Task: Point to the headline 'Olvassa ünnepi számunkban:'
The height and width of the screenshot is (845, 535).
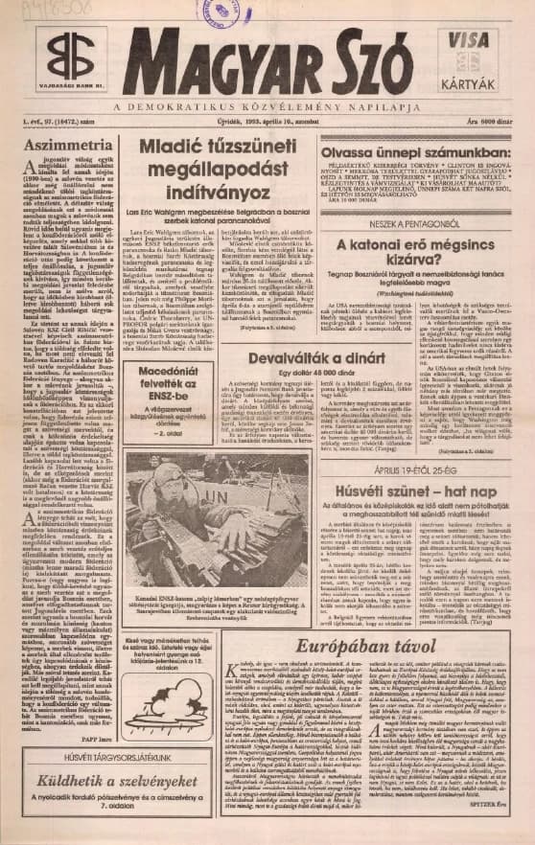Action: coord(400,152)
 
